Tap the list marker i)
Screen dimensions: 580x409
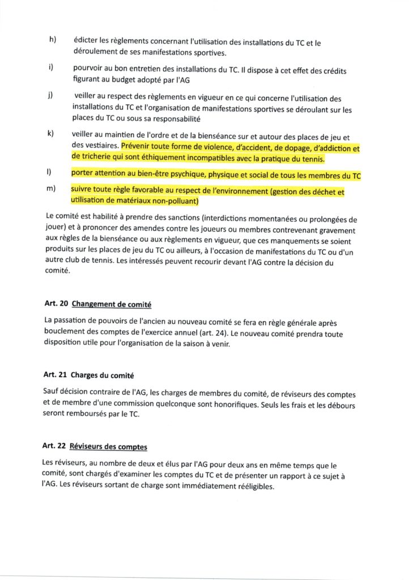pyautogui.click(x=52, y=67)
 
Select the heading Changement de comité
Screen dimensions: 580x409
pyautogui.click(x=112, y=304)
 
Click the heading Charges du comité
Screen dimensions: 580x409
pyautogui.click(x=103, y=376)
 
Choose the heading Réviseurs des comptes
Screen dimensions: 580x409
pyautogui.click(x=109, y=447)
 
